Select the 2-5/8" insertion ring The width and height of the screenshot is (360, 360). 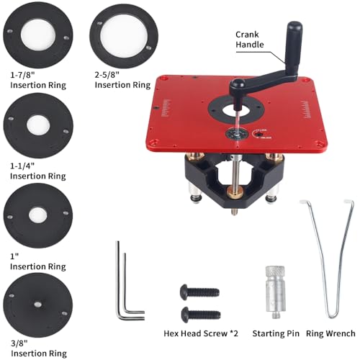[x=119, y=37]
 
